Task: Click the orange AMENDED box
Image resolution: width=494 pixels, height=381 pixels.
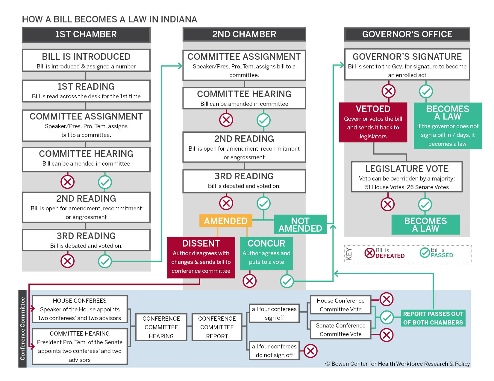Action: click(x=226, y=221)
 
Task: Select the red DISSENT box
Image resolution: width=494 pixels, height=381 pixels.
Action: click(x=201, y=257)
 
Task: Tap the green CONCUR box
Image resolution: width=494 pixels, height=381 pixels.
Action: click(x=266, y=253)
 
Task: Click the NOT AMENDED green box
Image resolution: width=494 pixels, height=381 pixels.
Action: click(x=300, y=224)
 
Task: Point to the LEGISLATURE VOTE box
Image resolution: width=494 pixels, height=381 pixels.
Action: click(x=407, y=177)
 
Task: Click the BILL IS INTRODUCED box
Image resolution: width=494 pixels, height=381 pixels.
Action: click(x=86, y=60)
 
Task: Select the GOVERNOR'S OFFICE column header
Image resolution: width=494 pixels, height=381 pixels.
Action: click(x=407, y=34)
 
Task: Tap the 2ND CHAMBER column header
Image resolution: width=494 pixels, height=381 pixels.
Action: click(x=244, y=34)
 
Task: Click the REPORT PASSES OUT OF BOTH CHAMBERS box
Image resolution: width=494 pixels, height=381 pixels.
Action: click(x=433, y=318)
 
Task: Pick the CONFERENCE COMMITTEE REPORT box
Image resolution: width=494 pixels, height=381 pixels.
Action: click(x=217, y=327)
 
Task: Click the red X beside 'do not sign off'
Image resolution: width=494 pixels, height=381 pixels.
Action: click(x=310, y=351)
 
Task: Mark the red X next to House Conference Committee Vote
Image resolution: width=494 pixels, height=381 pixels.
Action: click(x=386, y=299)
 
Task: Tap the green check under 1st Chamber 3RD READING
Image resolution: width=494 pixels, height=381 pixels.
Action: click(x=105, y=261)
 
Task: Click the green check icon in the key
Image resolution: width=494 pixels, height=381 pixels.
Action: click(x=425, y=253)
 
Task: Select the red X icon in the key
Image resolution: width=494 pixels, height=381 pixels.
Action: click(x=370, y=253)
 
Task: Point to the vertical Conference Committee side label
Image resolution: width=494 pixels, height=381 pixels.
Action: click(x=22, y=328)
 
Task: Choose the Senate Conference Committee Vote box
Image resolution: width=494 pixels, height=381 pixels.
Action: click(x=340, y=330)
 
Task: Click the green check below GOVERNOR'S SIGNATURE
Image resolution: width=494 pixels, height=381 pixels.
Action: click(x=426, y=91)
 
